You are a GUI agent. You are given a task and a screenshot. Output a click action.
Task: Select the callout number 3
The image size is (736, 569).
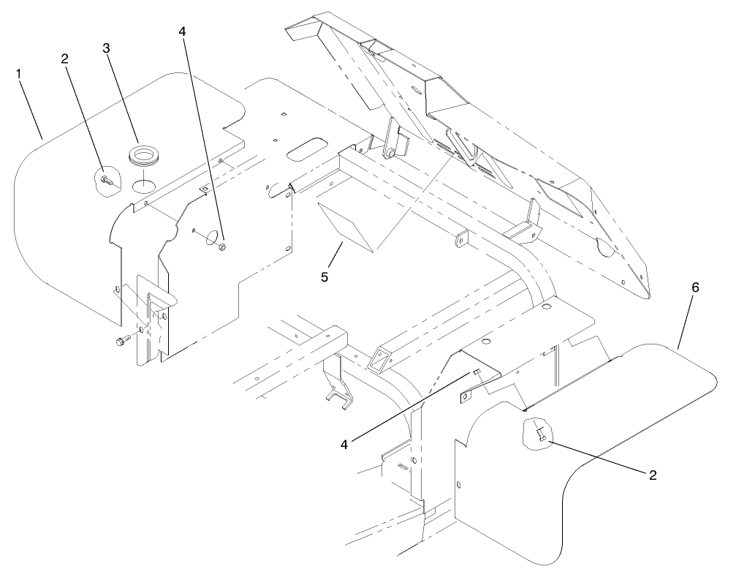coord(107,48)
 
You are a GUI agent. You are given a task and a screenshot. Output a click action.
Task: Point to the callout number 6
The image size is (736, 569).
coord(695,287)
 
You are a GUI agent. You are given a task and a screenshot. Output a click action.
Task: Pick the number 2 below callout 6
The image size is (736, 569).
coord(650,475)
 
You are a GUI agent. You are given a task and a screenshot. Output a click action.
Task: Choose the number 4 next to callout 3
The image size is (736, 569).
coord(181,32)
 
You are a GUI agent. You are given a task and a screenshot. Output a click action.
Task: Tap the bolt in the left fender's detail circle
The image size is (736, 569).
coord(107,178)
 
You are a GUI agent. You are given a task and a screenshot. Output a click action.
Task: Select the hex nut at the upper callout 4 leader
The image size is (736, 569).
coord(223,247)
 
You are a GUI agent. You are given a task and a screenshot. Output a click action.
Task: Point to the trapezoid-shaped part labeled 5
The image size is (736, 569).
coord(346,224)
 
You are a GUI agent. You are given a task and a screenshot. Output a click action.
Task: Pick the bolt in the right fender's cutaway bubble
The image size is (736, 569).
coord(539,434)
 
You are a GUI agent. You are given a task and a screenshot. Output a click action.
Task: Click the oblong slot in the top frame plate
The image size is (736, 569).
coord(306,148)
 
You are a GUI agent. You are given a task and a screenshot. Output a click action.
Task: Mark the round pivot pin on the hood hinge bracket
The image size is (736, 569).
coord(392,153)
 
